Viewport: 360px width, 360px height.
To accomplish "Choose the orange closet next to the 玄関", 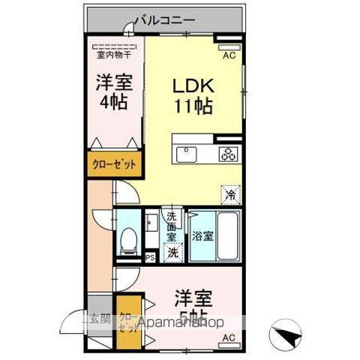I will point(128,325).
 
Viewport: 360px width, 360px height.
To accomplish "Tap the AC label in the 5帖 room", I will point(227,338).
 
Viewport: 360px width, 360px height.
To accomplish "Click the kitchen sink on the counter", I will point(187,154).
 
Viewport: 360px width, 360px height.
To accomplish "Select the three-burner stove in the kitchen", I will point(227,154).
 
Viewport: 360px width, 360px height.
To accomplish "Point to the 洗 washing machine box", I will point(172,252).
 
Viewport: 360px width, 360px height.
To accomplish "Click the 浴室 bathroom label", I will point(201,236).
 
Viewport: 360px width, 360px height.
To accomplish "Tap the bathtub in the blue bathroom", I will point(224,235).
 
